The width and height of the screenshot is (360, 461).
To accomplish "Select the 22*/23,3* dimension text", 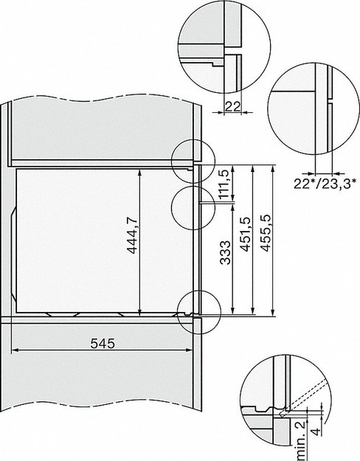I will coord(325,181).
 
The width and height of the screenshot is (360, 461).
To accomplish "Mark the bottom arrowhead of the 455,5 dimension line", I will coord(274,312).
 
